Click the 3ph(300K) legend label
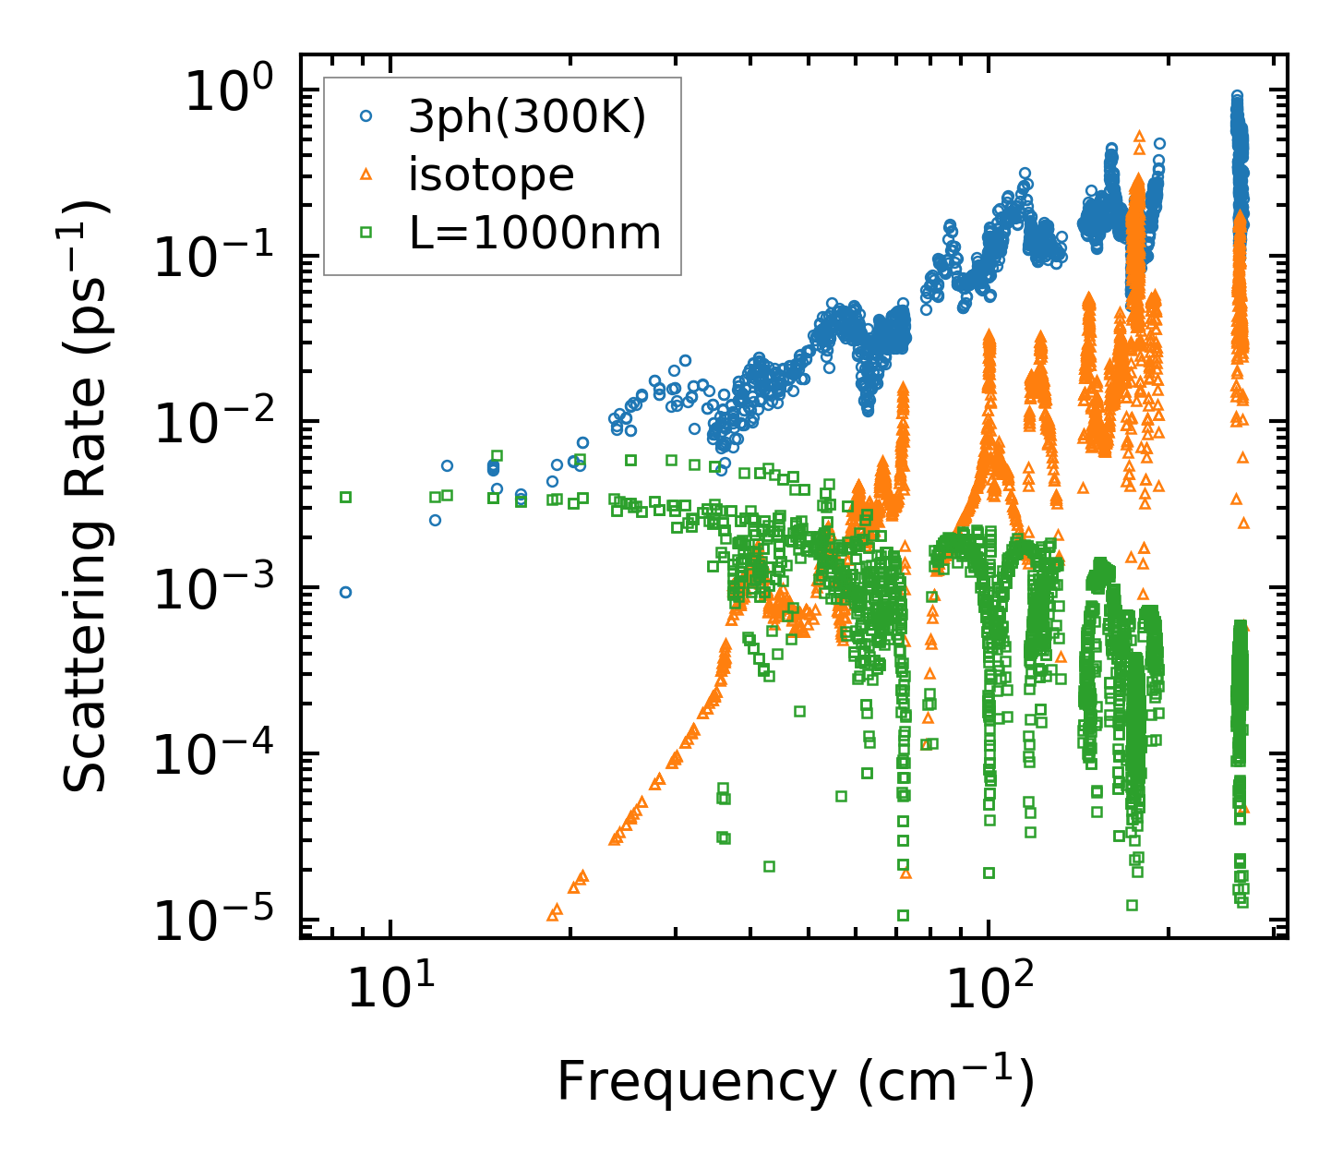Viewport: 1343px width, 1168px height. pyautogui.click(x=527, y=118)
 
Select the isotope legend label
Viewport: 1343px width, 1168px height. pyautogui.click(x=491, y=175)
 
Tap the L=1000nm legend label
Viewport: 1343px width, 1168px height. pyautogui.click(x=535, y=234)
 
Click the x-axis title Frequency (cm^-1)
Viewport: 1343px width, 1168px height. pyautogui.click(x=795, y=1082)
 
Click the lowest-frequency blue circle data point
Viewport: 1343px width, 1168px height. pyautogui.click(x=345, y=592)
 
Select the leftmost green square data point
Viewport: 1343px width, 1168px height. pyautogui.click(x=345, y=497)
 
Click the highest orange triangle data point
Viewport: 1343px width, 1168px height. pyautogui.click(x=1139, y=136)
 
